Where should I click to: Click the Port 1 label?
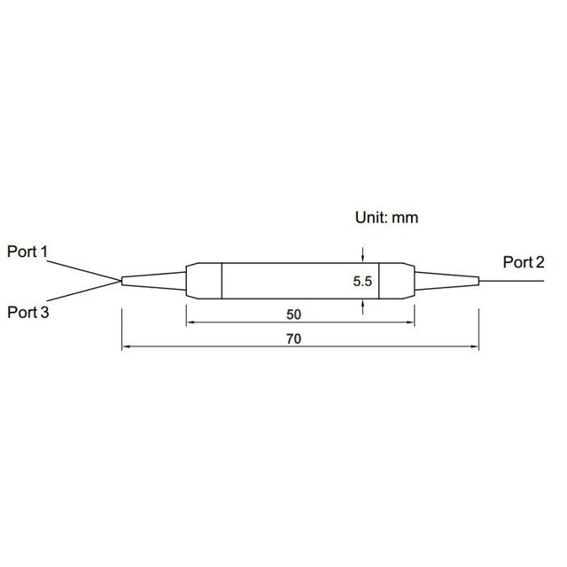[27, 252]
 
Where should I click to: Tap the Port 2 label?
[524, 262]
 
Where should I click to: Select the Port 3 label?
[27, 313]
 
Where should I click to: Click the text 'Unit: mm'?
[386, 218]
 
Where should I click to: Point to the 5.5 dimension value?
[362, 282]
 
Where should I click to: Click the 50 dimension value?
[293, 315]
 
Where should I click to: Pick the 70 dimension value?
[293, 339]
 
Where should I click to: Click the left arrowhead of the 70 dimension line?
[126, 346]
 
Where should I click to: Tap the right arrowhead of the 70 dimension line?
[475, 346]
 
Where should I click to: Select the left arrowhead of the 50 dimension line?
[190, 322]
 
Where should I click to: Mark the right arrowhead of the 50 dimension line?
[410, 322]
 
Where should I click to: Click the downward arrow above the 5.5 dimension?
[362, 255]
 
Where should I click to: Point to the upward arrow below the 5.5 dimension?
[362, 307]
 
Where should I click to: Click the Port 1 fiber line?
[84, 271]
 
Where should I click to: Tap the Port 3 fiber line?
[84, 291]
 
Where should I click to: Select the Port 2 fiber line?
[511, 281]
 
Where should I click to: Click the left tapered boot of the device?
[154, 281]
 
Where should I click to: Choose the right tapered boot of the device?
[447, 281]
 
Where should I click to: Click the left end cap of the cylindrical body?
[204, 281]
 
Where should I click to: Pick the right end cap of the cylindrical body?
[397, 281]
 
